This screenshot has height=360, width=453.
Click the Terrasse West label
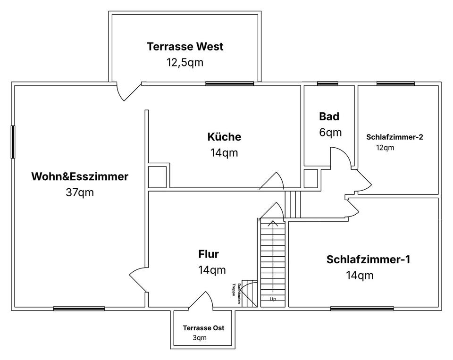tap(185, 47)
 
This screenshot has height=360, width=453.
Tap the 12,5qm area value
tap(185, 62)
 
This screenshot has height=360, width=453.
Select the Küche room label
tap(224, 137)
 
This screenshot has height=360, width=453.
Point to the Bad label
tap(329, 117)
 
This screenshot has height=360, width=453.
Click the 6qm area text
tap(330, 132)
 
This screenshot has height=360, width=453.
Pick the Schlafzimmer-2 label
tap(394, 137)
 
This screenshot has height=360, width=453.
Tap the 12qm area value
tap(385, 147)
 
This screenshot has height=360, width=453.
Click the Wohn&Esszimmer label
tap(80, 177)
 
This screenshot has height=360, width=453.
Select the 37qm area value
tap(80, 193)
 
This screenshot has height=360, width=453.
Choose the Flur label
tap(209, 254)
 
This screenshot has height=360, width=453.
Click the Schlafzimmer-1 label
tap(368, 260)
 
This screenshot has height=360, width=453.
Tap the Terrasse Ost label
tap(207, 328)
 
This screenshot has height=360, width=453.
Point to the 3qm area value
tap(200, 338)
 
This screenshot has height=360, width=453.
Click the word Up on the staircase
tap(273, 299)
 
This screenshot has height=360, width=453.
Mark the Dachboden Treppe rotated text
tap(237, 289)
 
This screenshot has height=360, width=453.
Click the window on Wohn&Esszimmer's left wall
tap(13, 142)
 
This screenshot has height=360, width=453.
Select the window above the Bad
tap(327, 84)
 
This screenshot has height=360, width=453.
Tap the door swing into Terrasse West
tap(126, 92)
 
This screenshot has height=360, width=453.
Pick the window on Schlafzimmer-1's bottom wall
tap(362, 309)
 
